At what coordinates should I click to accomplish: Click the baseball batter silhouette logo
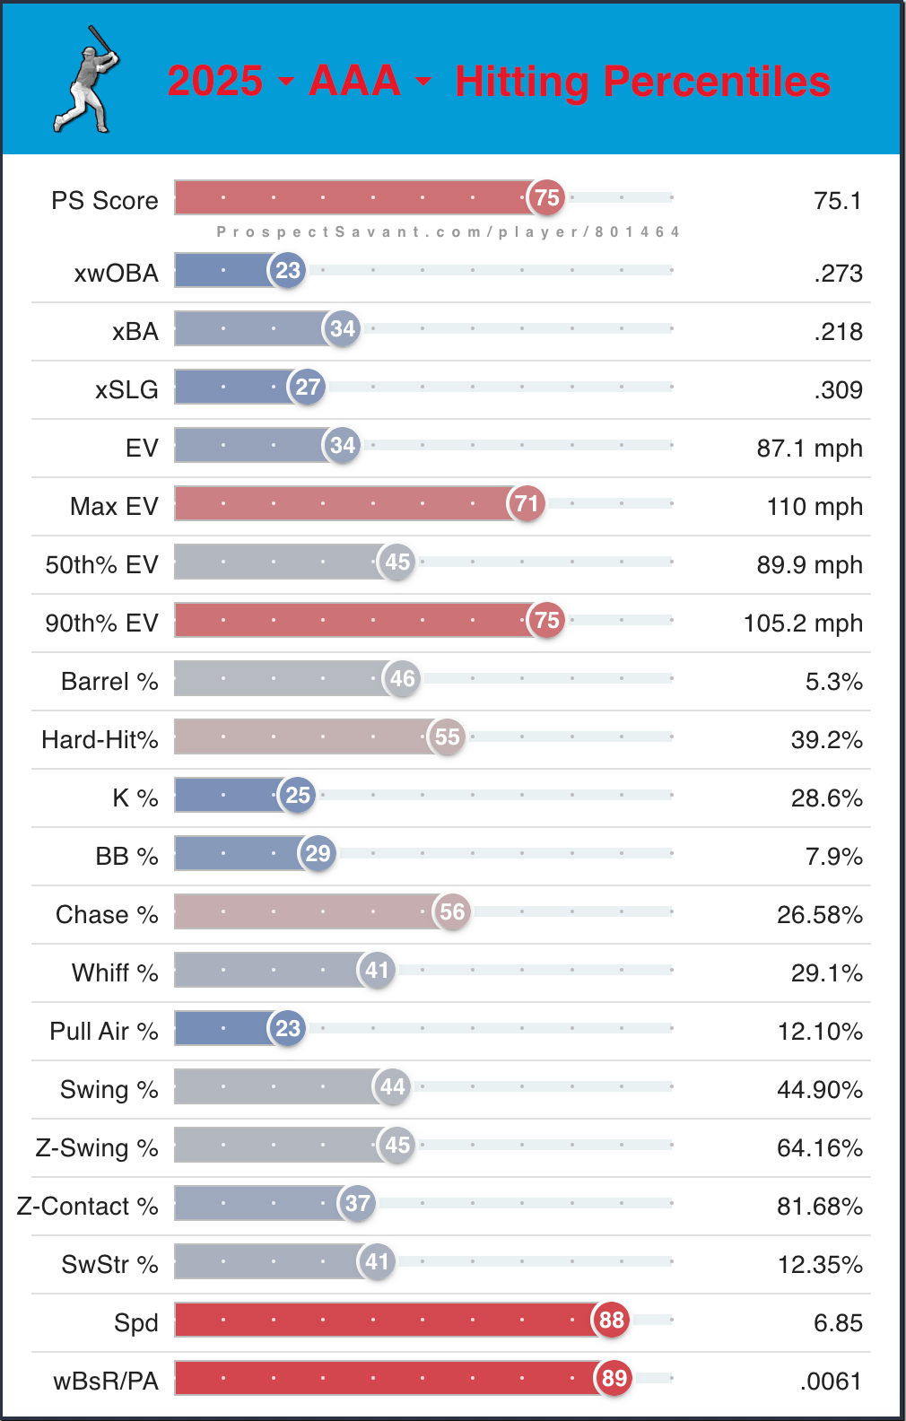click(86, 80)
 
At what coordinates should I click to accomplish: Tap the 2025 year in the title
click(215, 81)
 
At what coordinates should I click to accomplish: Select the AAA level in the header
click(354, 81)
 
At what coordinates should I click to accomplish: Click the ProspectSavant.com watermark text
click(448, 231)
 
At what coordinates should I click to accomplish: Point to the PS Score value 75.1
click(837, 200)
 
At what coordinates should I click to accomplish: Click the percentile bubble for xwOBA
click(288, 270)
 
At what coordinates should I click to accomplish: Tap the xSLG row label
click(126, 389)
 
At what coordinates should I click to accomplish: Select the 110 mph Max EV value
click(815, 506)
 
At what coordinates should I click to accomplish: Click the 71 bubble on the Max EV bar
click(527, 503)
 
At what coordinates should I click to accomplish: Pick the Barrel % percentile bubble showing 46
click(403, 678)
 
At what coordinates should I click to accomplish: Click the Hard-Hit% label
click(100, 739)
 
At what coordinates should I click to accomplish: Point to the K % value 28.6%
click(826, 798)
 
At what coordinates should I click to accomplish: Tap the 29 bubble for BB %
click(318, 853)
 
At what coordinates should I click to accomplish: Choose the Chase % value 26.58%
click(819, 914)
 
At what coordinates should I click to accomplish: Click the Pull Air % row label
click(103, 1031)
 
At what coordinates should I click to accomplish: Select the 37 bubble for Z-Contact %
click(357, 1203)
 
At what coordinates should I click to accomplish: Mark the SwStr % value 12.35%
click(819, 1264)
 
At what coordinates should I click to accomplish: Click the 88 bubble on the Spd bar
click(611, 1320)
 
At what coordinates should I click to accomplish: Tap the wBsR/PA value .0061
click(831, 1381)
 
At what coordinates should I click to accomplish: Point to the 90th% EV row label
click(101, 623)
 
